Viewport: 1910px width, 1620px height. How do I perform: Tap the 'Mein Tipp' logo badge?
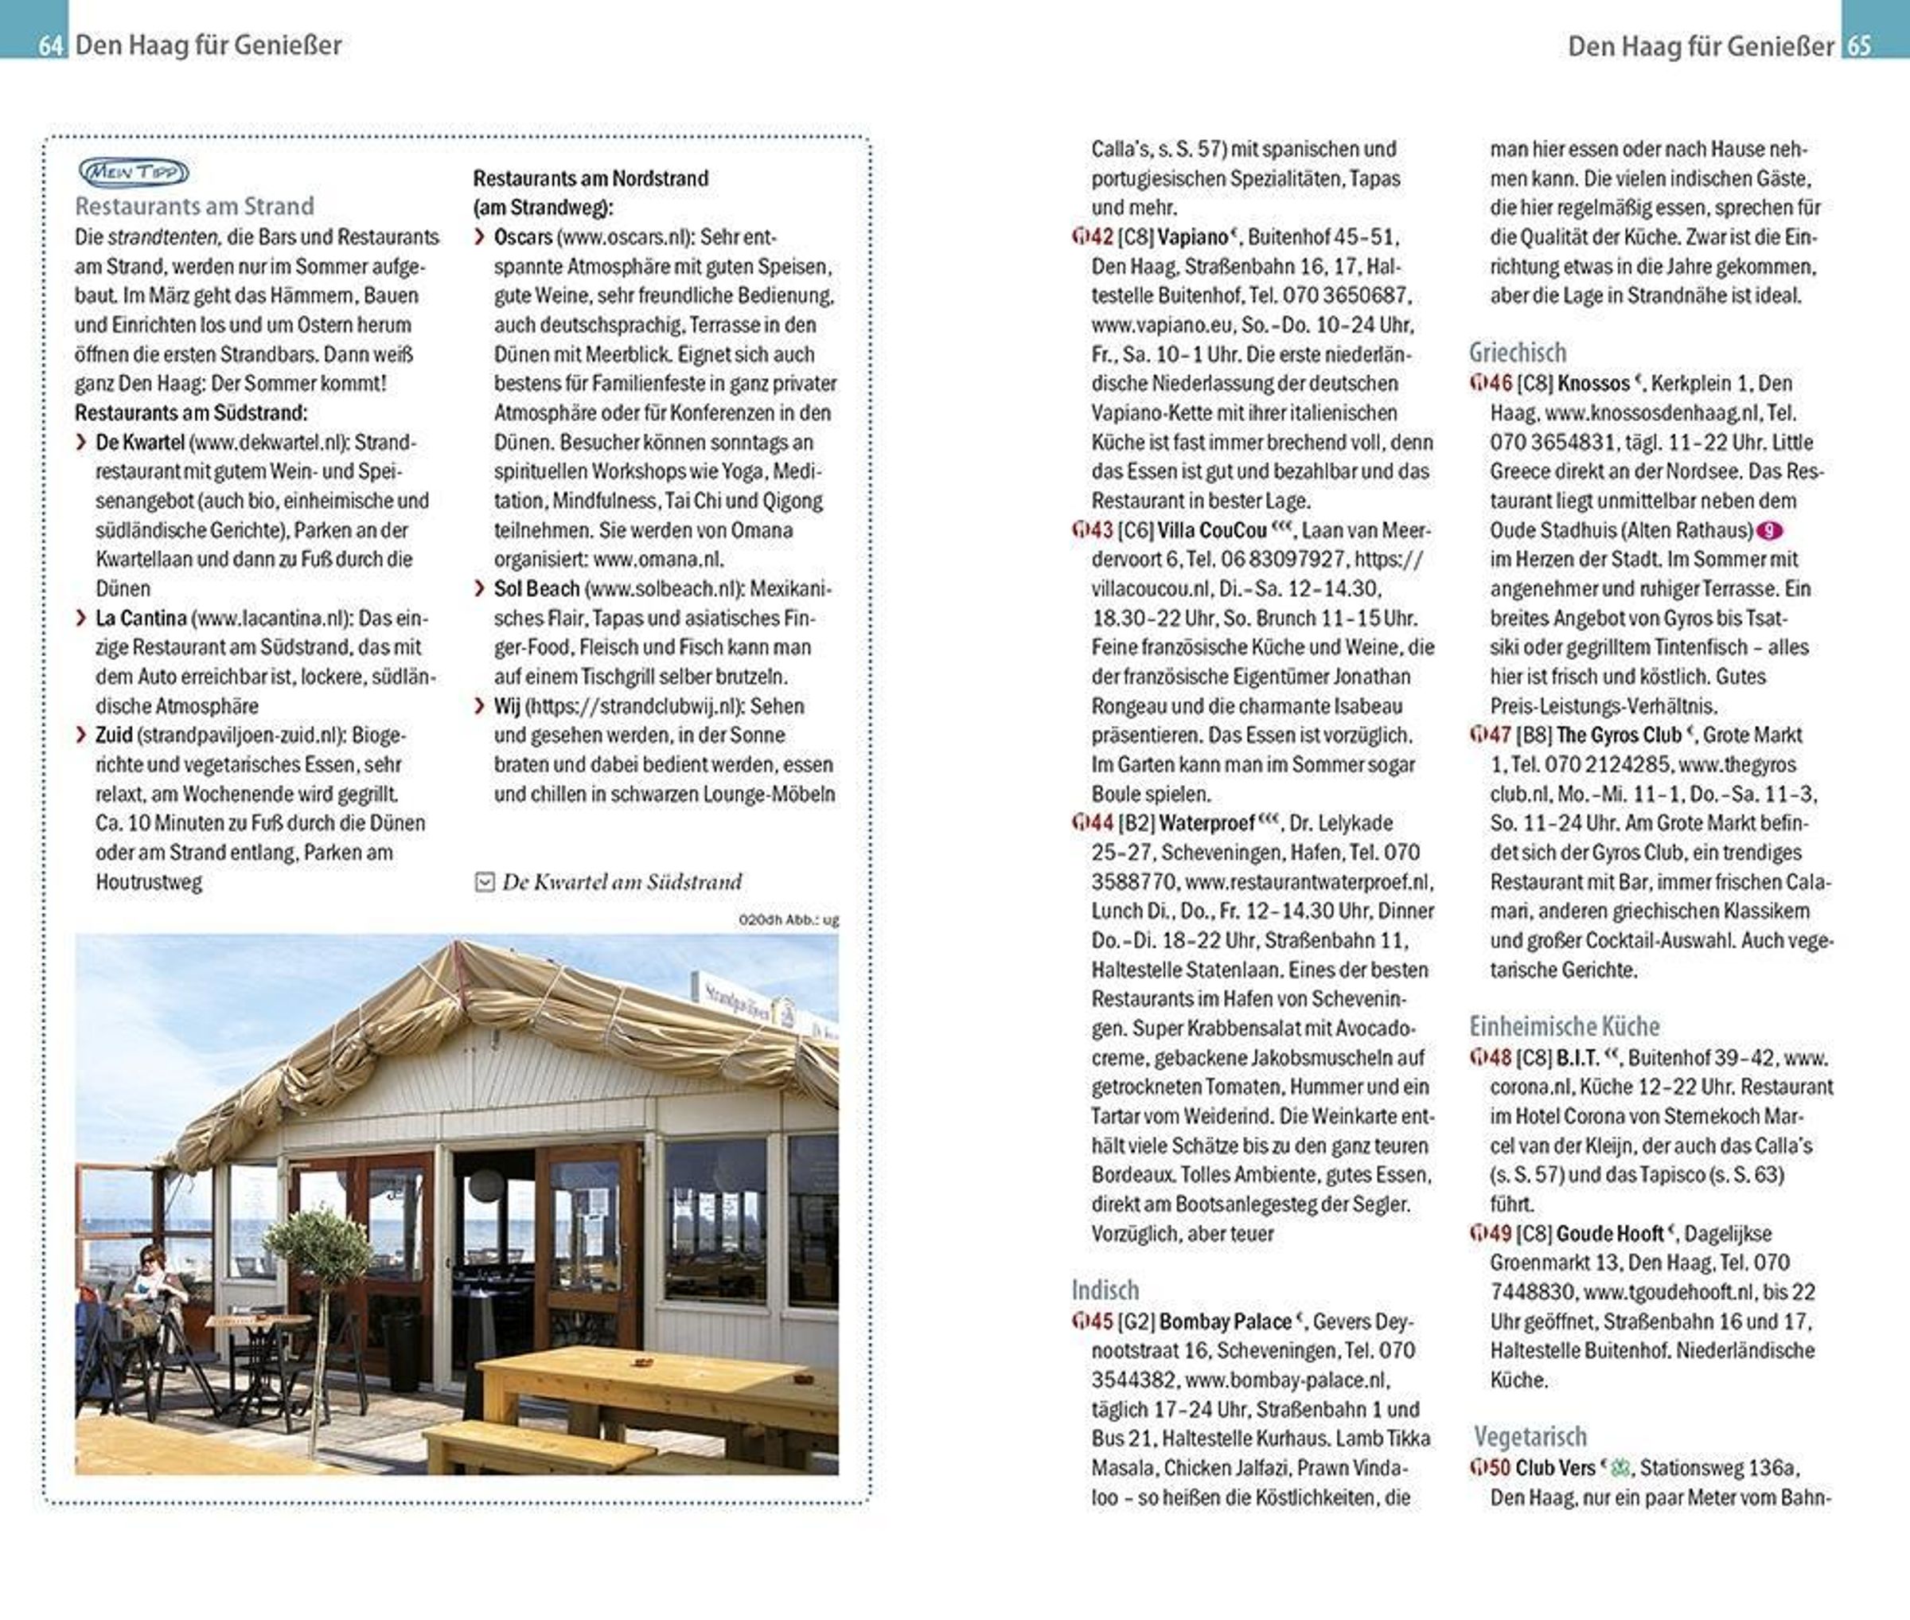click(x=134, y=172)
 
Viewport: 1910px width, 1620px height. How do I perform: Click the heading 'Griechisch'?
click(x=1518, y=353)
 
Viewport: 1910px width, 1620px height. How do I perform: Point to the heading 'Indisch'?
click(x=1105, y=1290)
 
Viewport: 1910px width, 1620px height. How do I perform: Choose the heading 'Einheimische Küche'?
click(x=1565, y=1026)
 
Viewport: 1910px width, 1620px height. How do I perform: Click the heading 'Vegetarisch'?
click(x=1530, y=1435)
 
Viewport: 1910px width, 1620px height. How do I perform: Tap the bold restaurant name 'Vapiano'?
click(x=1192, y=237)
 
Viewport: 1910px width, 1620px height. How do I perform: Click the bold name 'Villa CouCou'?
click(x=1211, y=530)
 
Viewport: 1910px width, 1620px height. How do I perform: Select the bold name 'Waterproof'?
click(x=1206, y=823)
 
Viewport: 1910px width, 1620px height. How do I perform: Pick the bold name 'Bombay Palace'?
click(x=1225, y=1321)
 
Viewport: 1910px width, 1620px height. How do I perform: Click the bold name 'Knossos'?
click(x=1593, y=383)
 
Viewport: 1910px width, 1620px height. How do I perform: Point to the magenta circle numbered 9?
click(x=1769, y=531)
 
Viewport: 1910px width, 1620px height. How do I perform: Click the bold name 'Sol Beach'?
click(x=536, y=588)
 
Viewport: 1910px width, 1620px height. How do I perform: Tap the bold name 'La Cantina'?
click(x=141, y=618)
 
